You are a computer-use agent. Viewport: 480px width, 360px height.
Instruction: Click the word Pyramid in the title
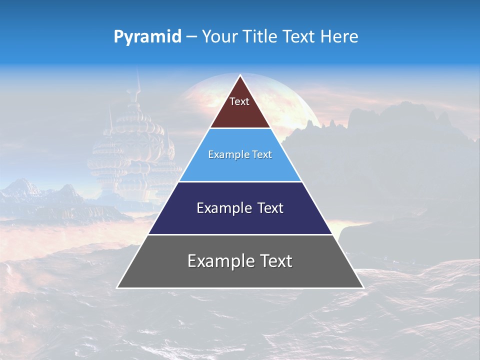click(x=147, y=37)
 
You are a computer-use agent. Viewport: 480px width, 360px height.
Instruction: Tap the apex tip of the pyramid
click(x=240, y=76)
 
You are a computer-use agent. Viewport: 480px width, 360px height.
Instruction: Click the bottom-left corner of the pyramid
click(x=118, y=287)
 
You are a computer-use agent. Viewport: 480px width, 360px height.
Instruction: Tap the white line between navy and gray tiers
click(x=240, y=234)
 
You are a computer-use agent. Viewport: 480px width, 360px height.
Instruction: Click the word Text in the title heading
click(x=299, y=37)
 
